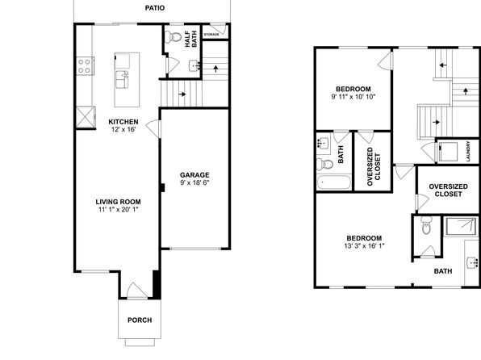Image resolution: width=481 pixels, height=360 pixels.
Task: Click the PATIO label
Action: (155, 8)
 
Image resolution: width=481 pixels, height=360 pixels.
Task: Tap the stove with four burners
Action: (85, 66)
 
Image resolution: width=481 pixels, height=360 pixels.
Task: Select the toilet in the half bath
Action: (174, 37)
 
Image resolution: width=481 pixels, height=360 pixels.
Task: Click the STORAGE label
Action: (211, 35)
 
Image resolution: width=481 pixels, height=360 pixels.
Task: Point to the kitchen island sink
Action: (122, 79)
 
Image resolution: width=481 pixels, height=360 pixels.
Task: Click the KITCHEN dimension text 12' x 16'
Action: (123, 129)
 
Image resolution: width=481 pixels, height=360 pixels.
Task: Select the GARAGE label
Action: (194, 175)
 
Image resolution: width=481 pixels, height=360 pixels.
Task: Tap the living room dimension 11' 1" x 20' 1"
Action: (119, 210)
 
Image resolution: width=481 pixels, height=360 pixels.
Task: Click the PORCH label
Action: (140, 320)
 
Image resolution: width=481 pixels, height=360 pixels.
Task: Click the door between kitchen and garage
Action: (153, 129)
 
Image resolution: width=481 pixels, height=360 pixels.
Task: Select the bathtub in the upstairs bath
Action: (334, 182)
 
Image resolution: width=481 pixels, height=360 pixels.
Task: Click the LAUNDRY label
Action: (468, 151)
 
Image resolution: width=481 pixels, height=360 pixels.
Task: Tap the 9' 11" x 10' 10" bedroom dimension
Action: (353, 97)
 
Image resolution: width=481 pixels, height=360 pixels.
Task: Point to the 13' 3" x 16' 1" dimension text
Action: (364, 246)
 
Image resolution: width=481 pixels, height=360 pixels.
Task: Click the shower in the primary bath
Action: (461, 227)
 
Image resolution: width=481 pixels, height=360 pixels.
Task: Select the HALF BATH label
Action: (190, 39)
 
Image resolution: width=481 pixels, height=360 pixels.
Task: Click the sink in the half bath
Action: (194, 65)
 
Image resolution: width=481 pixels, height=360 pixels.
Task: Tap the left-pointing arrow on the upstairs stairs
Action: (442, 65)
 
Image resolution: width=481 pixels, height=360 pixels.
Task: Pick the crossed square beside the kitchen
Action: (86, 116)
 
